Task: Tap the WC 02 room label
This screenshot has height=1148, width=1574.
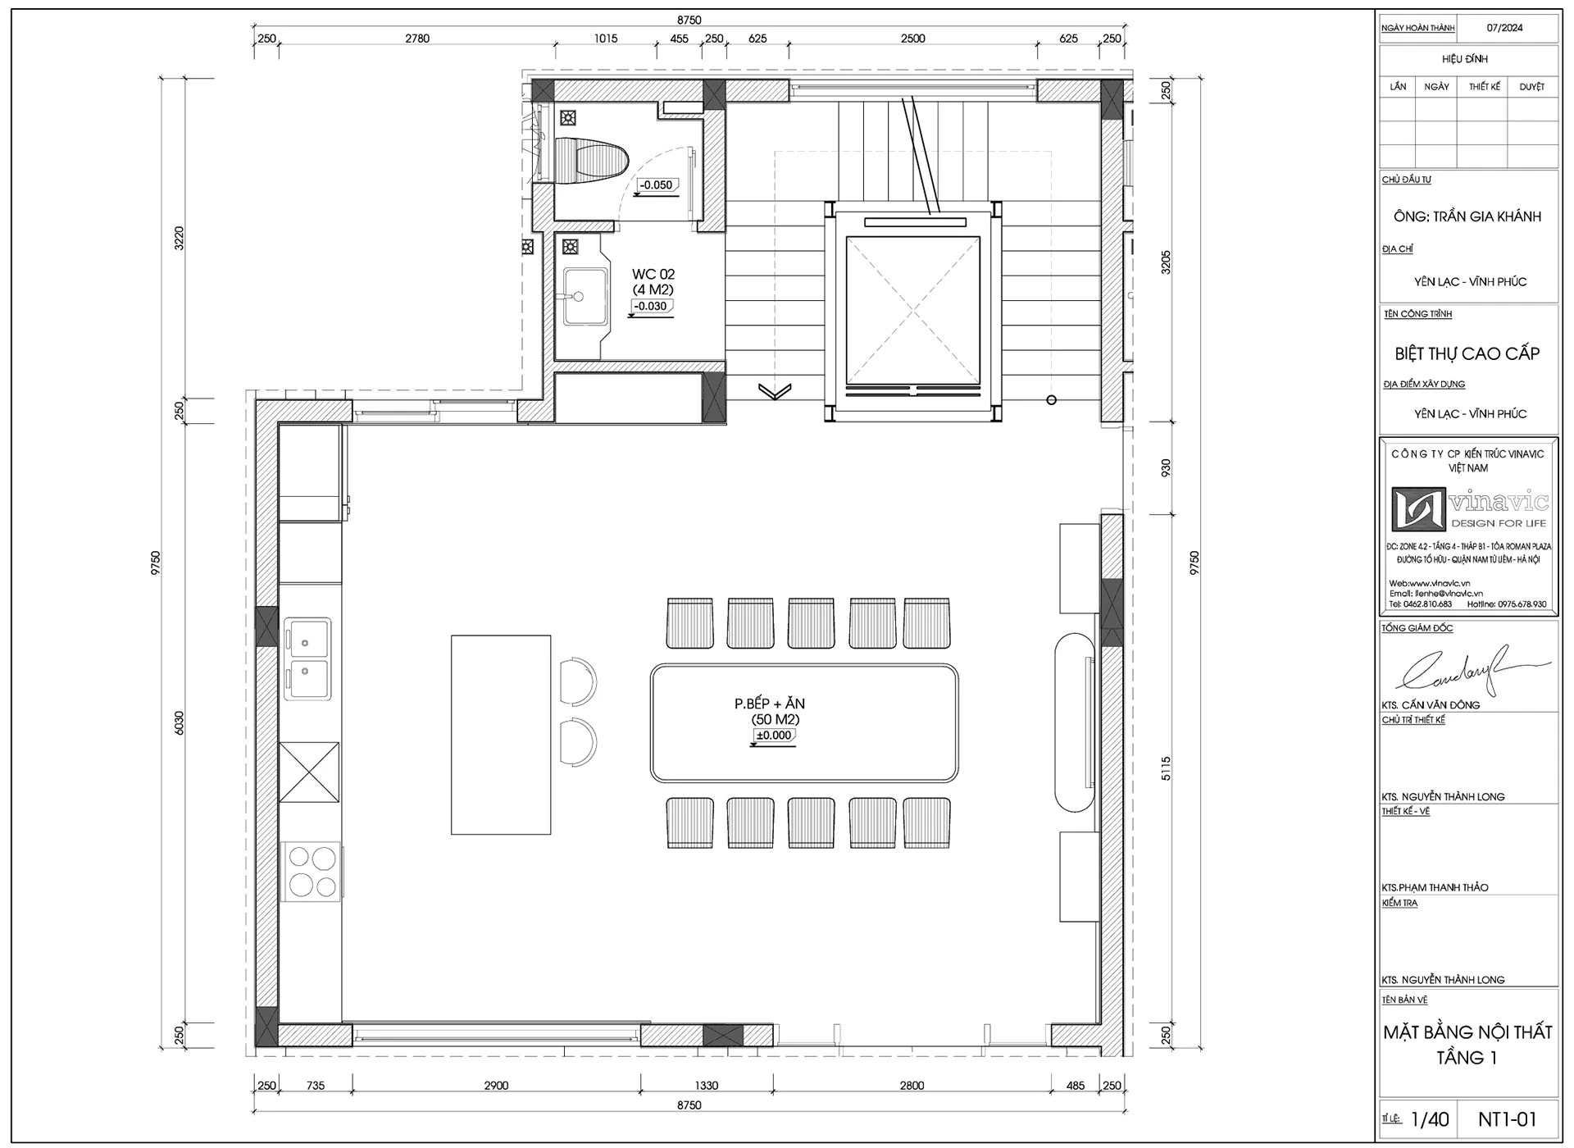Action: [653, 274]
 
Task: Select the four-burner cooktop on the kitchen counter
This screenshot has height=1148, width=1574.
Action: [312, 871]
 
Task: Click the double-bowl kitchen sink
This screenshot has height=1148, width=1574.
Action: [307, 659]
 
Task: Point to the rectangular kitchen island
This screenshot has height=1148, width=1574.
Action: [501, 735]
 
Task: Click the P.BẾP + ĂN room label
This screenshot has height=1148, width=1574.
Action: [770, 704]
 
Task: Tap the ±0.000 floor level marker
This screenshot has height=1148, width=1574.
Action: [773, 736]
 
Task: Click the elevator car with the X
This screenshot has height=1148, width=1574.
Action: [912, 311]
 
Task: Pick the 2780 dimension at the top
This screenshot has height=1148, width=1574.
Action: [417, 39]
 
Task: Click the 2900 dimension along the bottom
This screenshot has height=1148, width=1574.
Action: [496, 1086]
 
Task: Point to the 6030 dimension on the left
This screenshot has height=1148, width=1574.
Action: [180, 722]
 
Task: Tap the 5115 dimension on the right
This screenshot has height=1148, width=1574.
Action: [1167, 768]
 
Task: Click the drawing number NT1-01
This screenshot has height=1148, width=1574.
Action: [1507, 1119]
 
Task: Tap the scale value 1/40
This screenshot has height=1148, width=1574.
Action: [1430, 1119]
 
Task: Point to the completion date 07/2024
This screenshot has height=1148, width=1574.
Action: [1504, 28]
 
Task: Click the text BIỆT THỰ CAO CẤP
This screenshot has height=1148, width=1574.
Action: [1467, 353]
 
